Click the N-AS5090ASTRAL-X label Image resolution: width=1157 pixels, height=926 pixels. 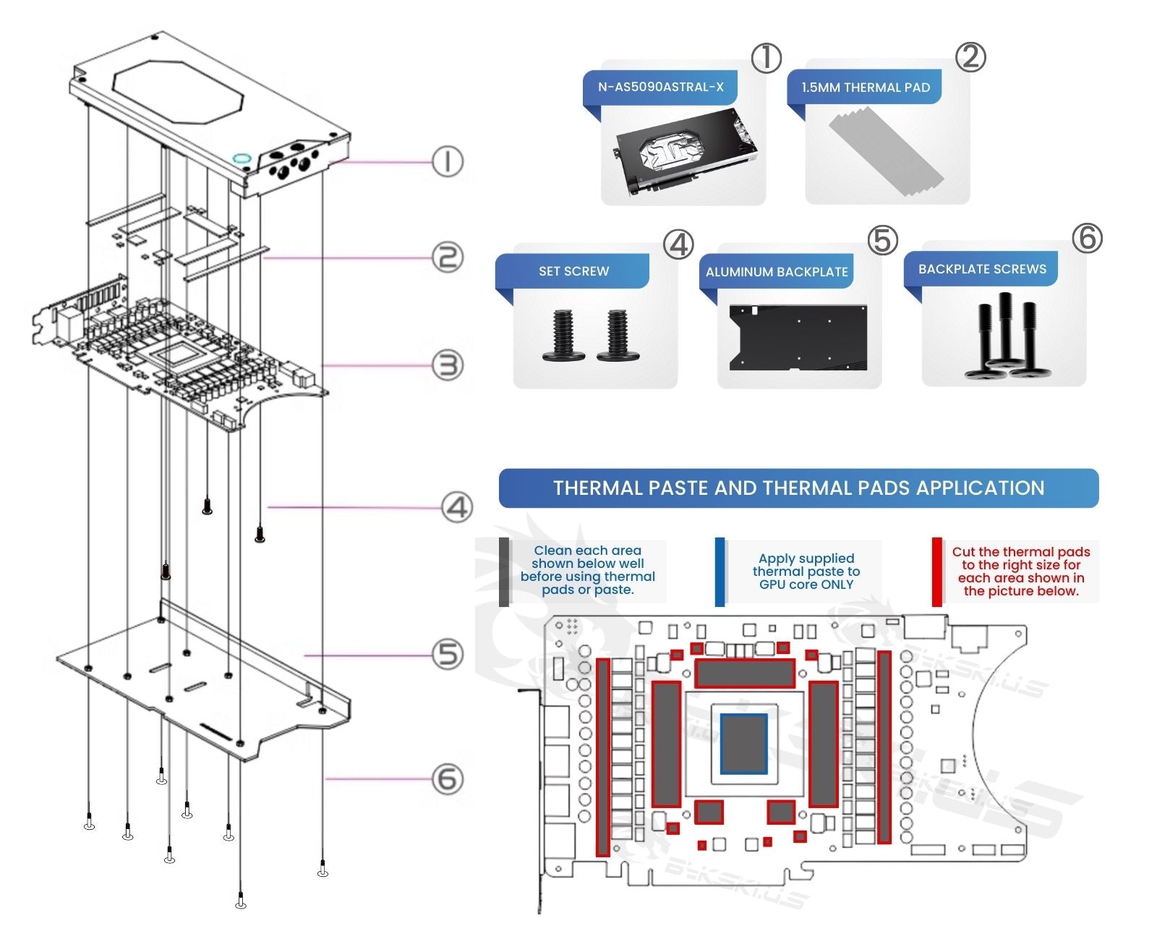tap(660, 87)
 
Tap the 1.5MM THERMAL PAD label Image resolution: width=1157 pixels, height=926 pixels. tap(865, 88)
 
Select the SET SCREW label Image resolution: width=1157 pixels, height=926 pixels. tap(573, 271)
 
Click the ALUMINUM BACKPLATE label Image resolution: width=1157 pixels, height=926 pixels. tap(777, 272)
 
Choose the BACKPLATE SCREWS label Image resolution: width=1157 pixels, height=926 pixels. tap(982, 269)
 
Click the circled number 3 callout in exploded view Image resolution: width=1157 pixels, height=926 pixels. tap(448, 365)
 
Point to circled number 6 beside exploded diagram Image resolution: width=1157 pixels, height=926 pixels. tap(448, 779)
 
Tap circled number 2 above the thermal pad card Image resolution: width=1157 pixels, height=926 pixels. tap(970, 57)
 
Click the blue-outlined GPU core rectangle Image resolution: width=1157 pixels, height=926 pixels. tap(744, 743)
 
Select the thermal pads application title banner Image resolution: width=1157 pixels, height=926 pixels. tap(798, 488)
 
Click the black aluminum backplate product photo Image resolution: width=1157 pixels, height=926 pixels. tap(798, 338)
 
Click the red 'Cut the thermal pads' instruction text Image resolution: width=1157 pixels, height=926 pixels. tap(1020, 572)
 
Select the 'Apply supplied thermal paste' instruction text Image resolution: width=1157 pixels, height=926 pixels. tap(806, 572)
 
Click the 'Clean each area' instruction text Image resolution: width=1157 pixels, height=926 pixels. tap(587, 570)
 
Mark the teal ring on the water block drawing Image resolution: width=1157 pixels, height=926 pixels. tap(241, 158)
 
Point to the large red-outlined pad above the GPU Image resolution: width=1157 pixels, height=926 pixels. tap(744, 674)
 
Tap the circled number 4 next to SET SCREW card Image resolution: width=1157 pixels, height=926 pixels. tap(678, 245)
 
